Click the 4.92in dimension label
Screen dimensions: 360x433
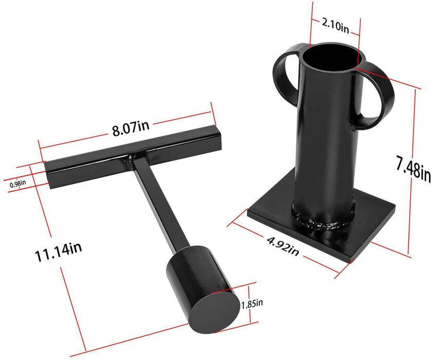(x=282, y=243)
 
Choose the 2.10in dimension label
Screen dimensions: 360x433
(x=335, y=24)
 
